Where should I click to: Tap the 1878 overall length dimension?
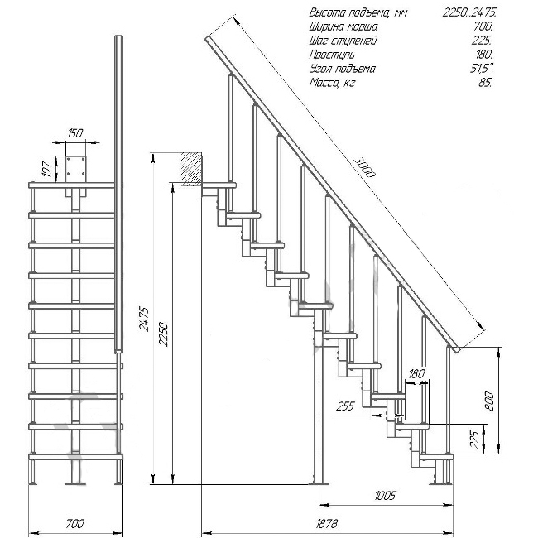(x=326, y=524)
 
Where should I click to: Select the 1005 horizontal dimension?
(x=385, y=496)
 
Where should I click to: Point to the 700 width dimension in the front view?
(x=75, y=524)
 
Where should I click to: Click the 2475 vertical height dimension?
(x=145, y=319)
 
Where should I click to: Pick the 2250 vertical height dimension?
(x=164, y=334)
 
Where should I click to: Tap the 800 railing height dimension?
(x=488, y=401)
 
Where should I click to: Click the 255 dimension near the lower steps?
(x=345, y=406)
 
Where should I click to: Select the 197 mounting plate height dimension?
(x=47, y=169)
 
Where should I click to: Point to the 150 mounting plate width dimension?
(x=75, y=132)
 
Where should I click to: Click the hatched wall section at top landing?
(x=192, y=169)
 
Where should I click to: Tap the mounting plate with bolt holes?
(x=76, y=170)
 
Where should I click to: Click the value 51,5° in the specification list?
(x=482, y=69)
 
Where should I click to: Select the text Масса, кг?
(x=332, y=83)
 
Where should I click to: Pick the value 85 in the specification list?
(x=484, y=83)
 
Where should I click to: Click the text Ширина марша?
(x=343, y=26)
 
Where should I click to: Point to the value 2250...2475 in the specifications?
(x=469, y=12)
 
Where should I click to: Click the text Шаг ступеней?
(x=343, y=41)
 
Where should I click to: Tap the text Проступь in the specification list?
(x=332, y=55)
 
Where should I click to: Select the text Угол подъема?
(x=342, y=69)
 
